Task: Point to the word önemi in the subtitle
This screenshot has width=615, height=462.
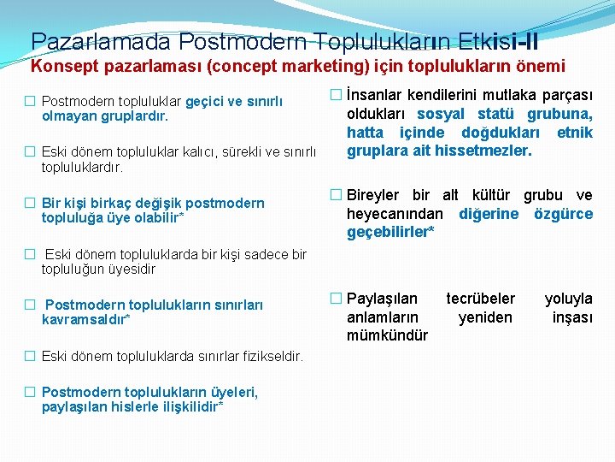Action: point(536,65)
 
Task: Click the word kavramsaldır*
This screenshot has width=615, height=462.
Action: point(85,319)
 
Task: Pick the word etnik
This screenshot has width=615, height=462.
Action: point(574,133)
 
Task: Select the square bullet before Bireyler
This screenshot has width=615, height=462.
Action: point(336,194)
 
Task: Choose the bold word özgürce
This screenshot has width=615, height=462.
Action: point(563,213)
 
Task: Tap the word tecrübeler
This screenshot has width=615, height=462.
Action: point(480,298)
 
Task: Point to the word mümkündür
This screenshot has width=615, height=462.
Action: point(387,335)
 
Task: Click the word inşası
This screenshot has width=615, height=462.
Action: point(572,317)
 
